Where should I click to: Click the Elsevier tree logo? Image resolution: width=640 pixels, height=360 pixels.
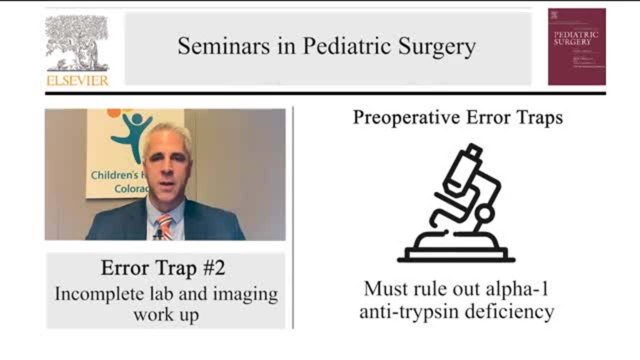click(x=76, y=43)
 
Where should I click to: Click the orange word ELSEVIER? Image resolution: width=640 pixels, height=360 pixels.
click(x=77, y=80)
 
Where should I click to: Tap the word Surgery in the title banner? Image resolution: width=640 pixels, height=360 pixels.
click(x=436, y=46)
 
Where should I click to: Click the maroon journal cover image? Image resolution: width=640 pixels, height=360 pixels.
click(x=576, y=46)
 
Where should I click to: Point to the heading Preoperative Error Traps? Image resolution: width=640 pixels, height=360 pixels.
click(x=457, y=117)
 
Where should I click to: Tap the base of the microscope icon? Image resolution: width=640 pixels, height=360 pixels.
click(x=455, y=255)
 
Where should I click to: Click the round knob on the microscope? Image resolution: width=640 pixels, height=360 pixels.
click(x=484, y=214)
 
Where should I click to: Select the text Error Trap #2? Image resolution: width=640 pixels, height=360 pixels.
click(x=163, y=268)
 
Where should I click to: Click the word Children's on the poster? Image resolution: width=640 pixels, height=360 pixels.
click(x=111, y=175)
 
